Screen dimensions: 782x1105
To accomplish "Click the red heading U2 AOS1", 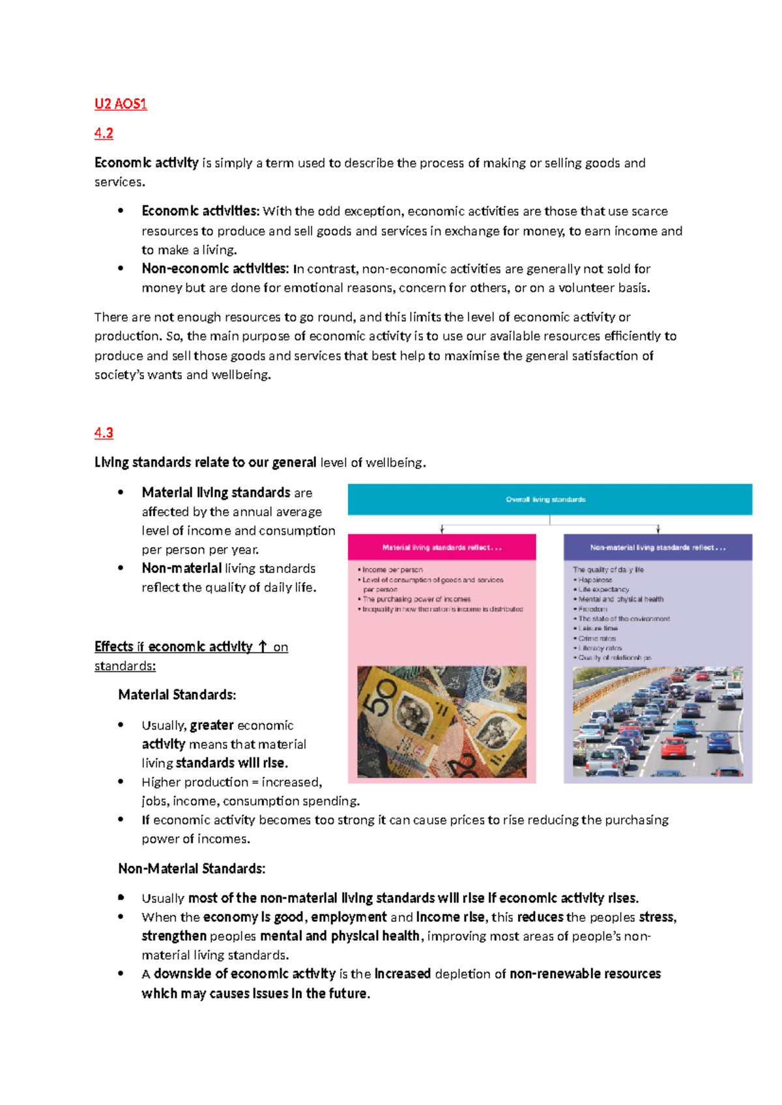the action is (121, 104).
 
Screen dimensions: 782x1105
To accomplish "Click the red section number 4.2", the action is (104, 134).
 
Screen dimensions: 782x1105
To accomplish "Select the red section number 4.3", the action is (104, 433).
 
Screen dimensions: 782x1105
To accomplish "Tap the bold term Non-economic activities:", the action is (214, 268).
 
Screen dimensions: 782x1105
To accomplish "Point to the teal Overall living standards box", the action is (549, 500).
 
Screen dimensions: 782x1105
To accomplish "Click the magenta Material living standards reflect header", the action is (442, 548).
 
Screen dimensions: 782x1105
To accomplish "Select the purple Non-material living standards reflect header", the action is (658, 548).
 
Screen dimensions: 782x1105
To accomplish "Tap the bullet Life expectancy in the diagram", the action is (603, 589).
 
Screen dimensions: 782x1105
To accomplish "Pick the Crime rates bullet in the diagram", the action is (597, 639).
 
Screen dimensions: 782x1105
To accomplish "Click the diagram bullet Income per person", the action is (392, 569).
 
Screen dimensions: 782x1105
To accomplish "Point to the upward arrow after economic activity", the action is (263, 646).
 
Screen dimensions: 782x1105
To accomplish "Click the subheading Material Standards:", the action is (177, 695).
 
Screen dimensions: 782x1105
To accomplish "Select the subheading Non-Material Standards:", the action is (192, 868).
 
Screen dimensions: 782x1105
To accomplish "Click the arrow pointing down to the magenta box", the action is (442, 529).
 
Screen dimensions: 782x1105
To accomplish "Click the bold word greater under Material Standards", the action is (212, 725).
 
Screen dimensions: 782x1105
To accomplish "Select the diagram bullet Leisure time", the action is (598, 629).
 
